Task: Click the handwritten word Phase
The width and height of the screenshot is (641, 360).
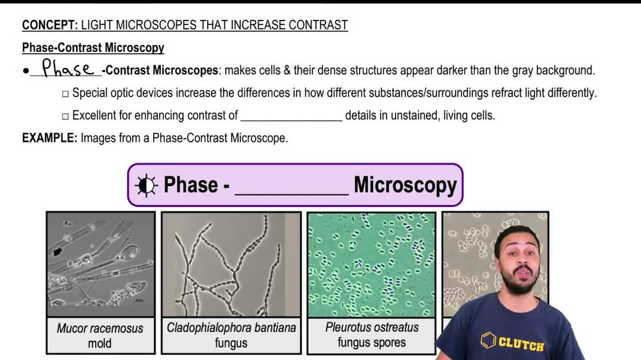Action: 67,69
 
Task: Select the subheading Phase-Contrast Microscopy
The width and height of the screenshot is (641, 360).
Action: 93,48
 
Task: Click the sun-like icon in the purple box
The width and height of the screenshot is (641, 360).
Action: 146,185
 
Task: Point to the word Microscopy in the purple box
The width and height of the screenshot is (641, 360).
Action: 405,185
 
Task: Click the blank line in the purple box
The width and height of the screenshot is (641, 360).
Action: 292,191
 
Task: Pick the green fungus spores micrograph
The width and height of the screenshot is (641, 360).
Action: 371,265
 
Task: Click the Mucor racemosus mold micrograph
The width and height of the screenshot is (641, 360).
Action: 101,265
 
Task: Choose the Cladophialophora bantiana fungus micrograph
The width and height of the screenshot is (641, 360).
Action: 231,265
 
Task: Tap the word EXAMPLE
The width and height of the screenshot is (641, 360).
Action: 49,138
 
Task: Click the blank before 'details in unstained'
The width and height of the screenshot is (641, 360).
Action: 292,117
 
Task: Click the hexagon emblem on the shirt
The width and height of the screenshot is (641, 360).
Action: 488,340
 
